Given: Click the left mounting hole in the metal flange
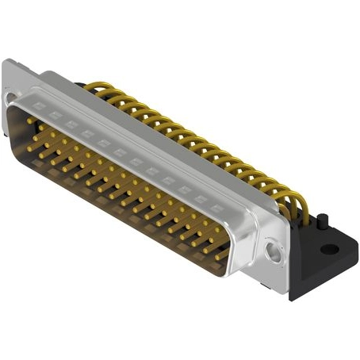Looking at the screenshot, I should tap(9, 98).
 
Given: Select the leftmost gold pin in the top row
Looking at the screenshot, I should tap(29, 121).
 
